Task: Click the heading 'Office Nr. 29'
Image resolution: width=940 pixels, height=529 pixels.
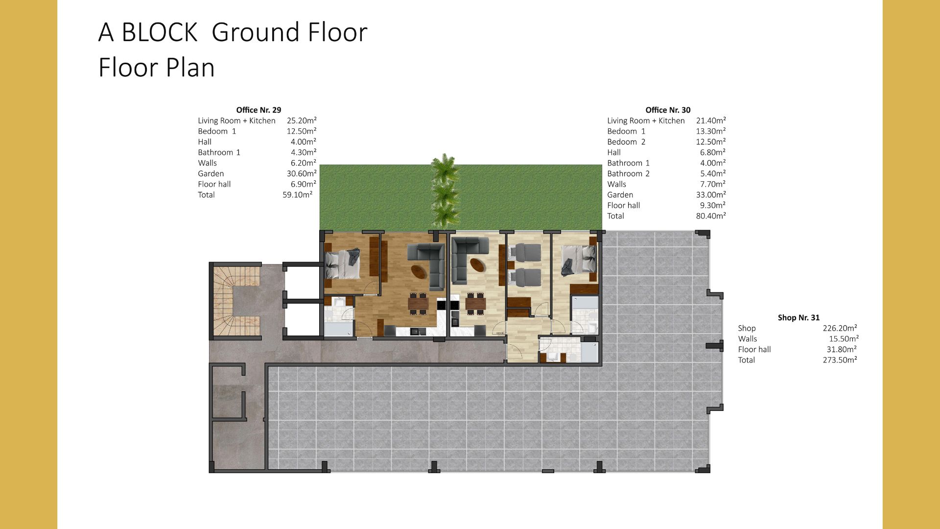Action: point(258,110)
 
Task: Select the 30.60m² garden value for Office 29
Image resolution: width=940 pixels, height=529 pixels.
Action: point(302,173)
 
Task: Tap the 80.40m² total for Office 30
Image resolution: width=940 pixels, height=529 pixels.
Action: point(711,216)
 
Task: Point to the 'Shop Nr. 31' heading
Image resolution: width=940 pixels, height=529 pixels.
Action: point(799,317)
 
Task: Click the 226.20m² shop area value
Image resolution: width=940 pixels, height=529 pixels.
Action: point(840,328)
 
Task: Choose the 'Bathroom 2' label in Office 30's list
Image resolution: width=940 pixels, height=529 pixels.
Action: point(628,173)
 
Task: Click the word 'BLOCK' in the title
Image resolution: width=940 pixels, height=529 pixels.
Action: point(159,32)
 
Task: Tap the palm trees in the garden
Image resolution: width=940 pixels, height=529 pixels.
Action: point(445,191)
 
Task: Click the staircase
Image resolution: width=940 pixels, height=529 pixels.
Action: point(237,301)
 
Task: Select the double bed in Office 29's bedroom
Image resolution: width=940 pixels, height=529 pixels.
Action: point(343,265)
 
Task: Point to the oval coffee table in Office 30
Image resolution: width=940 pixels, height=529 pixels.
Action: point(478,264)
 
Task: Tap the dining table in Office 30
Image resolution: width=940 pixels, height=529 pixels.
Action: point(475,304)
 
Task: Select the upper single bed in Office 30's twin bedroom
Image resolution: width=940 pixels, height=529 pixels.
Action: point(525,253)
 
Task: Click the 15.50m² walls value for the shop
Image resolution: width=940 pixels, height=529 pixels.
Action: point(844,338)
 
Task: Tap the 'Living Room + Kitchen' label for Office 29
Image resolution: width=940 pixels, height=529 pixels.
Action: point(236,120)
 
